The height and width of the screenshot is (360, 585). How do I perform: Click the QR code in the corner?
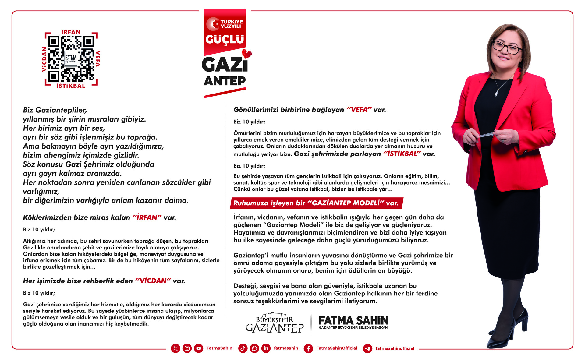click(x=71, y=59)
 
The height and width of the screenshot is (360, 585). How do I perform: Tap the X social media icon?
click(x=175, y=348)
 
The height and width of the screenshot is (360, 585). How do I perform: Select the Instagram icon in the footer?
click(x=187, y=348)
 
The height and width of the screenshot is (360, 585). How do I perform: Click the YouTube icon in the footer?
click(x=199, y=348)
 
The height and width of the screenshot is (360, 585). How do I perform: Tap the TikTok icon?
click(x=243, y=348)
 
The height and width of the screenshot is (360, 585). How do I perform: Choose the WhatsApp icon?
click(x=254, y=348)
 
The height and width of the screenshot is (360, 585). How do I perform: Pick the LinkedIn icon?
click(x=266, y=348)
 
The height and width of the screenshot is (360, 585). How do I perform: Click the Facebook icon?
click(x=308, y=348)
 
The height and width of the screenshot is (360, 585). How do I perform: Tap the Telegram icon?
click(x=368, y=348)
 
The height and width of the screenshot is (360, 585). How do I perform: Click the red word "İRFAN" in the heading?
click(x=147, y=217)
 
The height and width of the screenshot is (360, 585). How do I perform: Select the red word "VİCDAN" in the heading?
click(x=153, y=281)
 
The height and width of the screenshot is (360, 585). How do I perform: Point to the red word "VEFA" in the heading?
click(x=359, y=110)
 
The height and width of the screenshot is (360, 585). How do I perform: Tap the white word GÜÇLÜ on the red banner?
click(x=225, y=39)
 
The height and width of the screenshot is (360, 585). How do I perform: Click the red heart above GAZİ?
click(x=247, y=54)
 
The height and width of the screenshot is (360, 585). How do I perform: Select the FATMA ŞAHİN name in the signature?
click(x=353, y=321)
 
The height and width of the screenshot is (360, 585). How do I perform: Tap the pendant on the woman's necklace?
click(x=496, y=93)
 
